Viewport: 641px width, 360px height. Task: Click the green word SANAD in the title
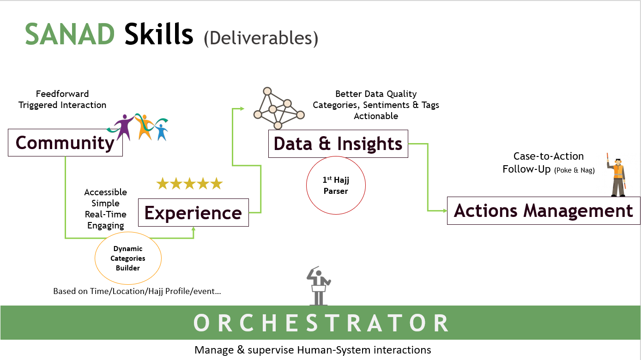[69, 35]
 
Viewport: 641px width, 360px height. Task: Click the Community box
[65, 143]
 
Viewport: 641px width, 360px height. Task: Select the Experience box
[193, 213]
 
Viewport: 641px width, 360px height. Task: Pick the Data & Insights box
[338, 144]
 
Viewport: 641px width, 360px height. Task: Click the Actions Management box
[544, 211]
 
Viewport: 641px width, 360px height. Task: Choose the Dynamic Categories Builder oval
[128, 258]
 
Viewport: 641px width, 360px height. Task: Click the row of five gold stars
[189, 184]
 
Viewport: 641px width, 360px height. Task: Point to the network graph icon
[279, 109]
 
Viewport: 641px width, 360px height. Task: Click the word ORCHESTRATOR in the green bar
[321, 323]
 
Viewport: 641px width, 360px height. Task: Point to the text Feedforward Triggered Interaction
[62, 100]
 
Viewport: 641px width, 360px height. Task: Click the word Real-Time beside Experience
[106, 214]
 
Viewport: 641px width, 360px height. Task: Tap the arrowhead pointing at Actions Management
[445, 211]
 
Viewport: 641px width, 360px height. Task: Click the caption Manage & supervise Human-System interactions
[313, 350]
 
